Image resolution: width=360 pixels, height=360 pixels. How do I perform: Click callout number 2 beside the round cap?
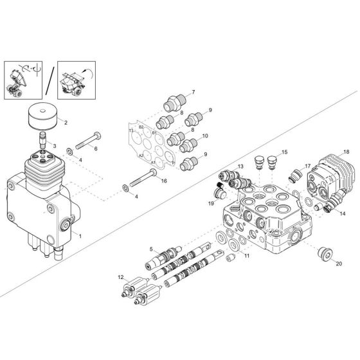coord(65,121)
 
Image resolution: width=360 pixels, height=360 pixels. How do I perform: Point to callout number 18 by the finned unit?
coord(346,152)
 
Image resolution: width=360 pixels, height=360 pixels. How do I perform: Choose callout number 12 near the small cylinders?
coord(120,276)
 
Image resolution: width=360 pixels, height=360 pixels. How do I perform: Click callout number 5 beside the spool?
coord(152,250)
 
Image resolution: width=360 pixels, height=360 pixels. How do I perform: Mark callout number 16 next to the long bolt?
coord(164,182)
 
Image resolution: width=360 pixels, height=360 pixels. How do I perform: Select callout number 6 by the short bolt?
coord(96,148)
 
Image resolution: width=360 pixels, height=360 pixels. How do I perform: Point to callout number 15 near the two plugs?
coord(285,152)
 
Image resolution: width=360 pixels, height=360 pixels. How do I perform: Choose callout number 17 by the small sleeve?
coord(307,165)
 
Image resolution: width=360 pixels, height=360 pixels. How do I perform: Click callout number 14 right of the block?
coord(342,213)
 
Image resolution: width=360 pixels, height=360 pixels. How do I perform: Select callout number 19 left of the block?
coord(210,204)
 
